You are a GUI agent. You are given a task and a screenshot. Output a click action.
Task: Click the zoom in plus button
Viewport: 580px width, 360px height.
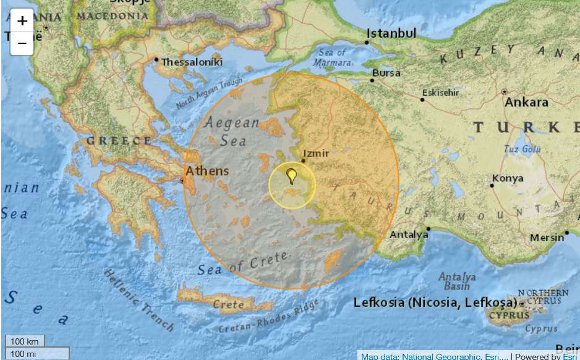point(22,20)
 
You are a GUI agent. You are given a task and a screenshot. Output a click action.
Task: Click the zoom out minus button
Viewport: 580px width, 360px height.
point(22,43)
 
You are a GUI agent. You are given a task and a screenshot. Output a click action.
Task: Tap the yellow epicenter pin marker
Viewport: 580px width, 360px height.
point(292,175)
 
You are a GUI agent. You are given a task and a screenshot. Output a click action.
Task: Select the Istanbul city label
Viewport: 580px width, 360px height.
point(391,33)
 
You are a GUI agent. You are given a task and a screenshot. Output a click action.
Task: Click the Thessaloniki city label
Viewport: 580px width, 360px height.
point(192,62)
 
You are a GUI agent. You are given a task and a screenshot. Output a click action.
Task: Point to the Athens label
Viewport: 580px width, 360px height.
point(207,171)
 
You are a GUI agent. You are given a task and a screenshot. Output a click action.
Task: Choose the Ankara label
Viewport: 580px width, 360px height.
point(526,102)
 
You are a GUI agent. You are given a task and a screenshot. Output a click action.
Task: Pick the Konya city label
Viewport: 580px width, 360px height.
point(508,179)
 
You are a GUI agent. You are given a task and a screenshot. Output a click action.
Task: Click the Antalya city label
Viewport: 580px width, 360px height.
point(409,235)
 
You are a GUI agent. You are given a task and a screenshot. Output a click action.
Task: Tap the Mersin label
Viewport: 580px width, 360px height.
point(547,238)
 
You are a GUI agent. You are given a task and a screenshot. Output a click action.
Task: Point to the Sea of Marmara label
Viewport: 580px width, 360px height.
point(332,57)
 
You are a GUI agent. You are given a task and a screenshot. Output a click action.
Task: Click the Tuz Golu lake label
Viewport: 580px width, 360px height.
point(522,149)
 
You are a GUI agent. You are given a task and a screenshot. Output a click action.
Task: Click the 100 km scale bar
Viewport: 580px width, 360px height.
point(25,341)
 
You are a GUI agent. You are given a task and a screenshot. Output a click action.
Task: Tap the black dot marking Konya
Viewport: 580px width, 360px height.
point(493,184)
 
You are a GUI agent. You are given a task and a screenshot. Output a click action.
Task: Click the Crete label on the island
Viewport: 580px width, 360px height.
point(228,304)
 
